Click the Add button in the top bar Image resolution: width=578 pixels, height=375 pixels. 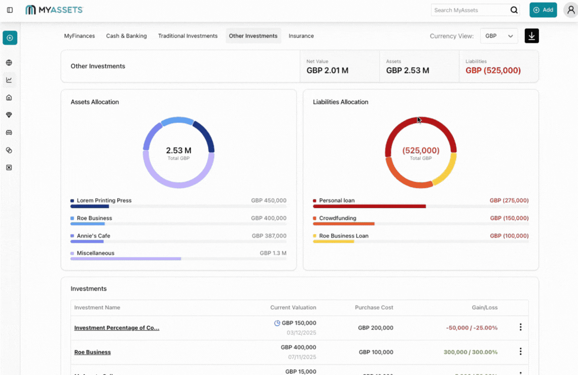click(543, 10)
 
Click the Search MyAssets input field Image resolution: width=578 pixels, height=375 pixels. click(470, 10)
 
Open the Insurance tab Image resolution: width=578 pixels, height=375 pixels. click(301, 36)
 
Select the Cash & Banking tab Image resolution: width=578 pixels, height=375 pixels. click(126, 36)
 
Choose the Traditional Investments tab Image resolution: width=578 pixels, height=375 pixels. click(188, 36)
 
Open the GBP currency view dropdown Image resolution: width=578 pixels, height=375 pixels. click(499, 36)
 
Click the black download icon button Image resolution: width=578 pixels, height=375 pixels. click(531, 36)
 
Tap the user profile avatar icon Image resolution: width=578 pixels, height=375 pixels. click(570, 10)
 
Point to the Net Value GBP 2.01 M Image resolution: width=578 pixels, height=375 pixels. click(328, 70)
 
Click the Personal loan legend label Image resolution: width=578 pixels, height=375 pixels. click(337, 201)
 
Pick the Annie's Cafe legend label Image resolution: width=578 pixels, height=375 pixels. click(93, 236)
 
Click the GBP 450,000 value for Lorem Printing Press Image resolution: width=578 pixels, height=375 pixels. click(269, 201)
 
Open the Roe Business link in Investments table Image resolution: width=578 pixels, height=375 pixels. click(92, 352)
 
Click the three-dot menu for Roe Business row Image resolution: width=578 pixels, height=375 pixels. click(520, 352)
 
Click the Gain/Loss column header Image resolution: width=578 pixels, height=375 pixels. click(484, 308)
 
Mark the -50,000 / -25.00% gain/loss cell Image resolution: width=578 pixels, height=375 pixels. click(472, 328)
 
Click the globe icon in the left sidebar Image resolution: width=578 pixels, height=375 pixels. click(9, 63)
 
